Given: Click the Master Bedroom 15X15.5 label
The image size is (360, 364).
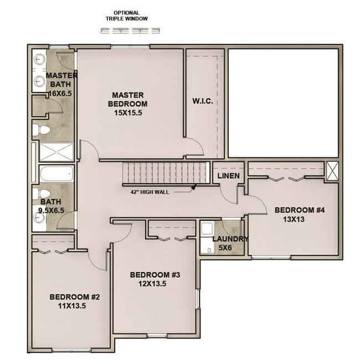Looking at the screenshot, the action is click(x=127, y=104).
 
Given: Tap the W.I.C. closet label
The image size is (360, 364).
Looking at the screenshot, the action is click(x=202, y=101).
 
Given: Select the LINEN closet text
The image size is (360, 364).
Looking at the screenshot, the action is click(x=228, y=176).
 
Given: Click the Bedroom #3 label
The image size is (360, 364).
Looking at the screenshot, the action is click(x=155, y=275).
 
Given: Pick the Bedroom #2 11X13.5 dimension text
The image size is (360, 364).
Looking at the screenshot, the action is click(x=72, y=306).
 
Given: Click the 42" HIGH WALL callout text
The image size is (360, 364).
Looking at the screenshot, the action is click(x=150, y=192).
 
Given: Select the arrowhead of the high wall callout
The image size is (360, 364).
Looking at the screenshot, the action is click(x=194, y=186).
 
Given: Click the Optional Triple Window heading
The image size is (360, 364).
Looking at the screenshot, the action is click(x=127, y=16).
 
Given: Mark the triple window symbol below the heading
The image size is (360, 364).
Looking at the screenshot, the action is click(x=130, y=30).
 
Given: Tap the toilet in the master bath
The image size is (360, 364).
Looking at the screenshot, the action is click(x=40, y=130).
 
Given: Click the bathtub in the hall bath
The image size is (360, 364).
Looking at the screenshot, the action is click(x=56, y=173).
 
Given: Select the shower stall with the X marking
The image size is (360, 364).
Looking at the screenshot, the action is click(x=56, y=152).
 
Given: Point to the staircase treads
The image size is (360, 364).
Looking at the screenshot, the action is click(x=166, y=173).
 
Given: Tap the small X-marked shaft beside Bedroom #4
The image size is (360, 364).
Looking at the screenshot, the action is click(x=332, y=171).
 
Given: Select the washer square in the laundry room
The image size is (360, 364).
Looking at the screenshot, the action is click(x=207, y=228).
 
